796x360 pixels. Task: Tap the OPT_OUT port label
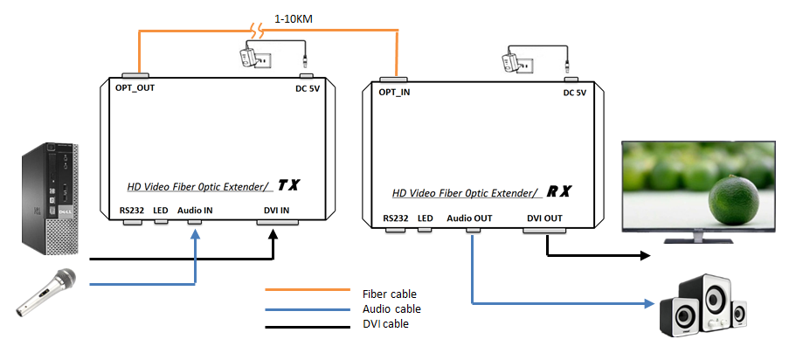[x=135, y=89]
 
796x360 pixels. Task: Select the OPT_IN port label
[x=395, y=93]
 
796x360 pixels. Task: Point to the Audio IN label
[x=195, y=211]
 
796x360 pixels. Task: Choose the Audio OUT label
[x=471, y=218]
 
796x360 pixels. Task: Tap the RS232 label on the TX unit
[x=134, y=211]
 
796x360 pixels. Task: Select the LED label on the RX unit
[x=426, y=218]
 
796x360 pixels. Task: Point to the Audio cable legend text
[x=391, y=308]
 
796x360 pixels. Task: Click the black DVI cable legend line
[x=306, y=323]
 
